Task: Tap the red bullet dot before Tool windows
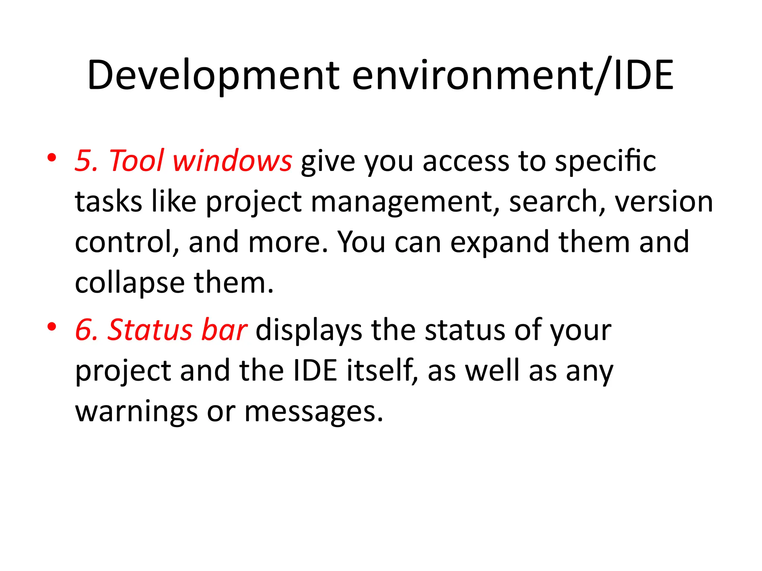coord(52,158)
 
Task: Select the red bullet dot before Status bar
coord(52,327)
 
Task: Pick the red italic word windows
coord(232,161)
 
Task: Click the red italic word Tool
coord(136,161)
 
